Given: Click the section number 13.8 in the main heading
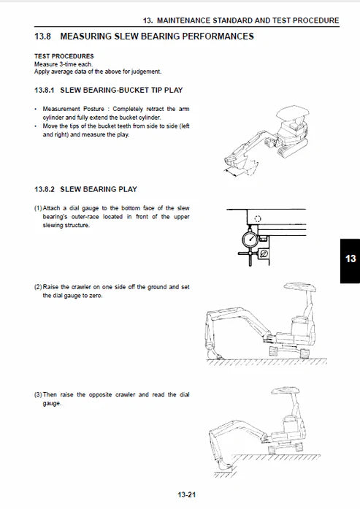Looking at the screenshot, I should click(43, 36).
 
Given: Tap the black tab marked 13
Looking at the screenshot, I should click(350, 259).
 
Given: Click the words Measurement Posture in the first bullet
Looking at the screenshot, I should click(66, 109).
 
